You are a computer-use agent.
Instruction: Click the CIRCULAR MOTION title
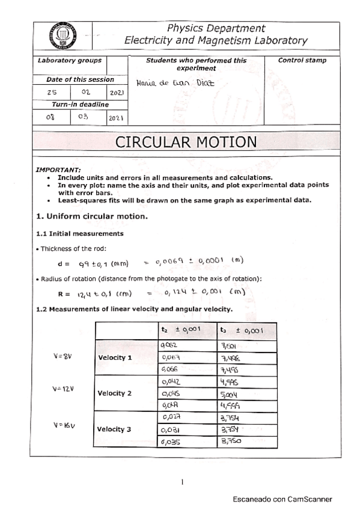[x=186, y=142]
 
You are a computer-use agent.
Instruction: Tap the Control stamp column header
[x=302, y=61]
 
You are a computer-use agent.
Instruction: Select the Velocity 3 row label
[x=114, y=429]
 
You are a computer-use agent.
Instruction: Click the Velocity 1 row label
[x=114, y=358]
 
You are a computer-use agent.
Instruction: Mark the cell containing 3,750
[x=231, y=441]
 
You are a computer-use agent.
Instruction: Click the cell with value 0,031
[x=171, y=429]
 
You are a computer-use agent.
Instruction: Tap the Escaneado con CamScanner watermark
[x=282, y=499]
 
